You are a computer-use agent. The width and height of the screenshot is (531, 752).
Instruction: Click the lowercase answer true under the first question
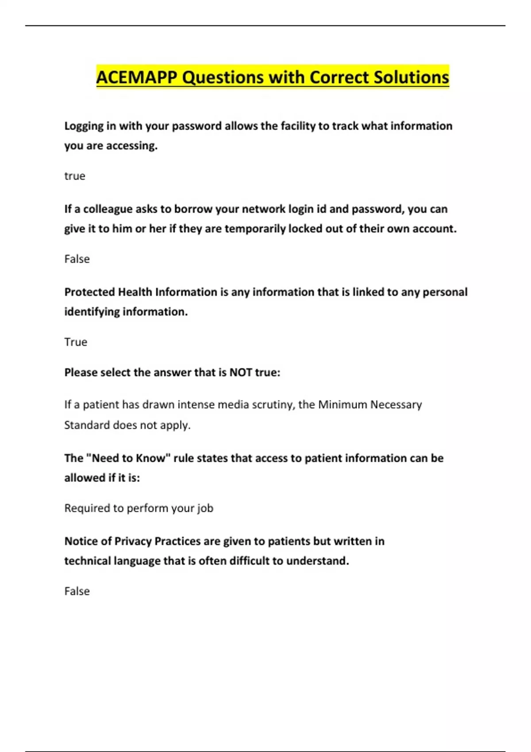75,176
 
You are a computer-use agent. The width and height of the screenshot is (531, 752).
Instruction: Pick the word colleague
108,209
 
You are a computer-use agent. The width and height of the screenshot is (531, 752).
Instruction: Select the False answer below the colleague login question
77,259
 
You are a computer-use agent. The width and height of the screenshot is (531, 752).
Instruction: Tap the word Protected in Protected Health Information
89,292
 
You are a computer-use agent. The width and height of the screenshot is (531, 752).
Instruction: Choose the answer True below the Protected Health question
76,342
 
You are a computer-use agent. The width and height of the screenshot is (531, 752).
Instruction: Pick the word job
205,508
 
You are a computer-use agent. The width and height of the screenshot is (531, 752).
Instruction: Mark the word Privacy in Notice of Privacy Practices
133,541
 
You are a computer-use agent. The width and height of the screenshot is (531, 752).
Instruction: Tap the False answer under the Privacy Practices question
77,591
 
